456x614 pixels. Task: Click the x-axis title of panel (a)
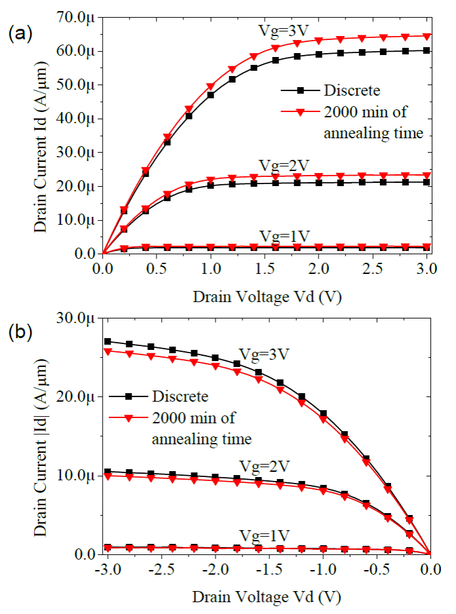(267, 297)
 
